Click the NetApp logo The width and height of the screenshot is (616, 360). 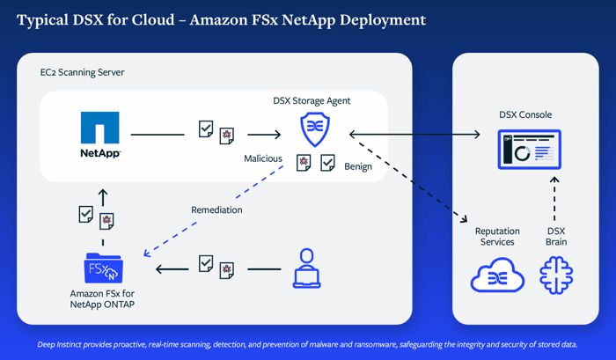tap(100, 134)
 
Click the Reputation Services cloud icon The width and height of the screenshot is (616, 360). tap(497, 276)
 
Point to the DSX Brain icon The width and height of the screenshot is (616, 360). tap(555, 276)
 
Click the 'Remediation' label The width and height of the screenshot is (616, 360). tap(216, 210)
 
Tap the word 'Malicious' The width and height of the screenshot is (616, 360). tap(263, 159)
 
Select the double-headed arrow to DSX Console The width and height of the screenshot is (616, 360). tap(414, 134)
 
